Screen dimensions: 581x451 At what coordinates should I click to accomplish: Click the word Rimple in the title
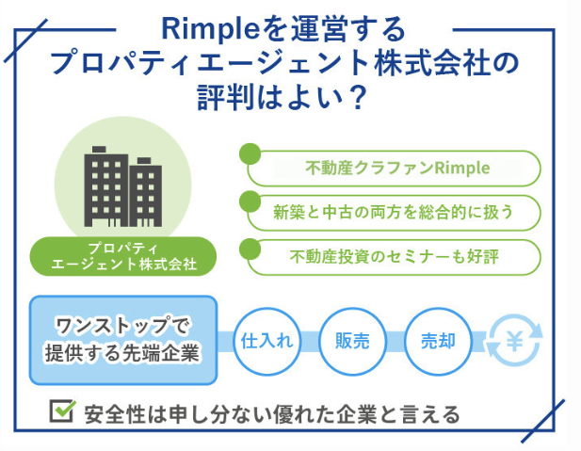tap(210, 29)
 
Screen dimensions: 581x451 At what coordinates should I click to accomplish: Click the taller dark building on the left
tap(106, 186)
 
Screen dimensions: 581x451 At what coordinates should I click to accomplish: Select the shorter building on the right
tap(145, 192)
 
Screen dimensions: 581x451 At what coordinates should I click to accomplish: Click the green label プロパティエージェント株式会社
tap(123, 256)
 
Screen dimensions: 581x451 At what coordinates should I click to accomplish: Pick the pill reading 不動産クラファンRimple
tap(394, 169)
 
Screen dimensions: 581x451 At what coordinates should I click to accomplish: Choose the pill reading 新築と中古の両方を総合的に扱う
tap(394, 213)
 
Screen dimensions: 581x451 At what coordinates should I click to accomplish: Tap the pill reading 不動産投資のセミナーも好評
tap(394, 257)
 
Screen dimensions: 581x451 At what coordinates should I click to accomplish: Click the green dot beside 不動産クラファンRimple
tap(250, 153)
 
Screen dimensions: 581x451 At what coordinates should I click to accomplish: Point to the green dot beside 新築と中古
tap(250, 201)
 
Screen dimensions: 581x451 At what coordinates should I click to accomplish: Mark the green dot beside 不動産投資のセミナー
tap(250, 249)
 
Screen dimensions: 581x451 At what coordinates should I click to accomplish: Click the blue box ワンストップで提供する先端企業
tap(123, 340)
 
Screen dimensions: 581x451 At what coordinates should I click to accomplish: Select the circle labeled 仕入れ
tap(266, 341)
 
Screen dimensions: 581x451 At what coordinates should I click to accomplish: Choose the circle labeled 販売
tap(352, 341)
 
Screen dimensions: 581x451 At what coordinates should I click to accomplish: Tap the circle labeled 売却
tap(438, 341)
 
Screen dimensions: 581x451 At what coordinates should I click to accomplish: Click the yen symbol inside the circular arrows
tap(515, 341)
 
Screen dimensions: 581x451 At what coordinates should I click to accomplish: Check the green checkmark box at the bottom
tap(62, 411)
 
